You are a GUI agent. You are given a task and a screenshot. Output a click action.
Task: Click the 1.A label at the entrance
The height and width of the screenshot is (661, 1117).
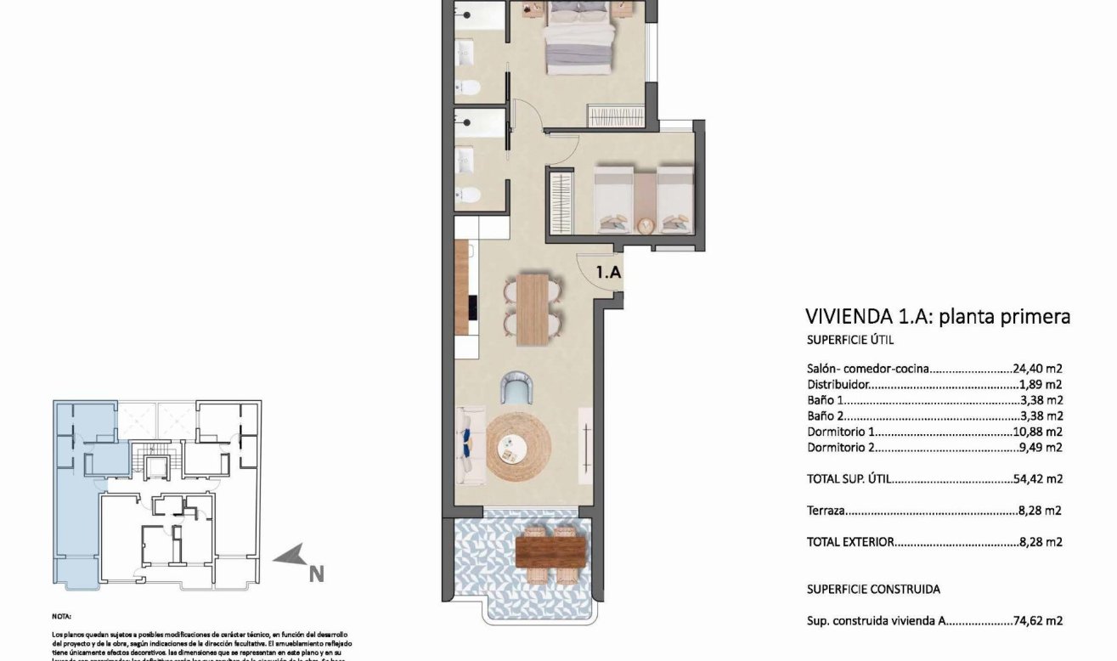click(x=609, y=273)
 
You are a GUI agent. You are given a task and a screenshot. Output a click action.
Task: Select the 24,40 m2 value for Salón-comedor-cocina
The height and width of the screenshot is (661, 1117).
click(x=1038, y=369)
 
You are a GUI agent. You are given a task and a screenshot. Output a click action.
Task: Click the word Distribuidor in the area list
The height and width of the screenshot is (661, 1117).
click(x=838, y=384)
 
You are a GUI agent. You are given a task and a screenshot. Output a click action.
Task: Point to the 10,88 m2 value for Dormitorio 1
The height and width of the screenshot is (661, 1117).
click(x=1038, y=432)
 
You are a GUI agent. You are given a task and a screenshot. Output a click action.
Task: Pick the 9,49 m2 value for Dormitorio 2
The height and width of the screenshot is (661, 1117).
click(x=1041, y=447)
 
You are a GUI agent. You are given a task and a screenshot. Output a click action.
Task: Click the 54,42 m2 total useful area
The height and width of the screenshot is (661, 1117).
click(x=1038, y=479)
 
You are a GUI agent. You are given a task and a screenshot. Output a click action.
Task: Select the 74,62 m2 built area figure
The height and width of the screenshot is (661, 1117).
click(x=1038, y=621)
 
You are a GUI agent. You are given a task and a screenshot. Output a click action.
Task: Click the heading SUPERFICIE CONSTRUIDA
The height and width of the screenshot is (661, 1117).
click(x=873, y=589)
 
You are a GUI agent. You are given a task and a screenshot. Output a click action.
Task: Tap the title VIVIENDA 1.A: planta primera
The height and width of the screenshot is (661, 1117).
click(x=937, y=317)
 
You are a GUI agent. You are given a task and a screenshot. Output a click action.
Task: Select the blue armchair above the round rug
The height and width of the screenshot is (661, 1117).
click(x=517, y=388)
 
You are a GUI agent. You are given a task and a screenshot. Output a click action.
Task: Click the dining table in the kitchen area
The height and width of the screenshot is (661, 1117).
click(x=533, y=309)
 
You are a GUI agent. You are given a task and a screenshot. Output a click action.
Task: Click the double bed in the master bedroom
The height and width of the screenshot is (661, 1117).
click(x=580, y=38)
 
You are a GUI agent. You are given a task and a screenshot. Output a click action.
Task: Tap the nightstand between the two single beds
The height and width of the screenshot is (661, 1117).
click(x=644, y=201)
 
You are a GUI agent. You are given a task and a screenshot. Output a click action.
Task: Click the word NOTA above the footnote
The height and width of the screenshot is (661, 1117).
click(x=62, y=616)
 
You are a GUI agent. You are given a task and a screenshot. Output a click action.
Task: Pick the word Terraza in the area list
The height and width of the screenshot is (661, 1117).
click(x=826, y=511)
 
